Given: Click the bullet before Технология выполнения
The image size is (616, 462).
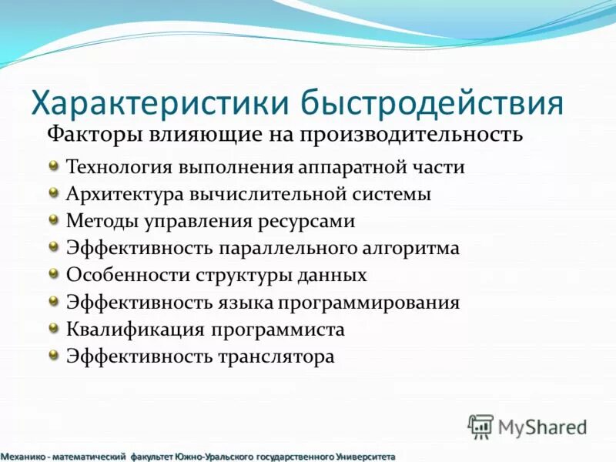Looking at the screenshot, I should click(53, 165).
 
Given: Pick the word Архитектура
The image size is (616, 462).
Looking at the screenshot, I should click(122, 194).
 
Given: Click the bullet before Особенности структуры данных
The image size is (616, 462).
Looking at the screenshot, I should click(53, 273).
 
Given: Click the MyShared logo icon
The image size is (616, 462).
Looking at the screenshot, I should click(480, 426).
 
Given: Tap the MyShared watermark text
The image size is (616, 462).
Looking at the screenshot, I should click(542, 427).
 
